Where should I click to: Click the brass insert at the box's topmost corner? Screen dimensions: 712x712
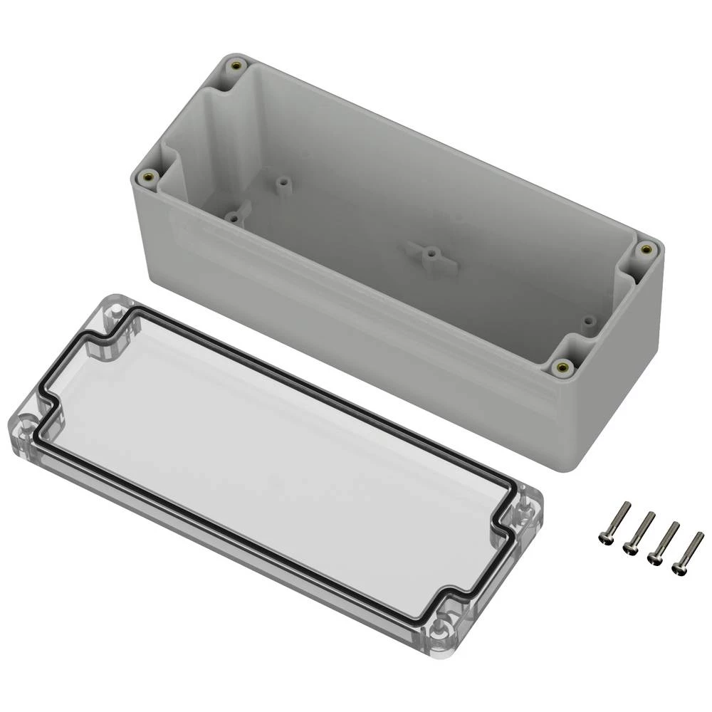[x=235, y=66]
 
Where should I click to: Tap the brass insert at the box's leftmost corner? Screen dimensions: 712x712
[x=149, y=177]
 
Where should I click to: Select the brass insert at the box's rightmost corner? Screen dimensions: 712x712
[x=646, y=248]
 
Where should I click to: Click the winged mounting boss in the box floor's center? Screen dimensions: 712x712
[x=429, y=253]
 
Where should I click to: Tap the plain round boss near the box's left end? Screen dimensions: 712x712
[x=283, y=182]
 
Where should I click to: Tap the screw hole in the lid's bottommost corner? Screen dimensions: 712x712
[x=440, y=626]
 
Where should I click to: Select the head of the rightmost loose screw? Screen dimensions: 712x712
[x=678, y=567]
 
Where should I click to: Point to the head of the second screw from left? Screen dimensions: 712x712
[x=630, y=548]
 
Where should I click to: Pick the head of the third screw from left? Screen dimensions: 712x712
[x=654, y=557]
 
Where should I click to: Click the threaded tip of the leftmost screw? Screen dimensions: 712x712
[x=627, y=505]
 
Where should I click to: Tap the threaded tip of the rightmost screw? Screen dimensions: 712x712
[x=701, y=534]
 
